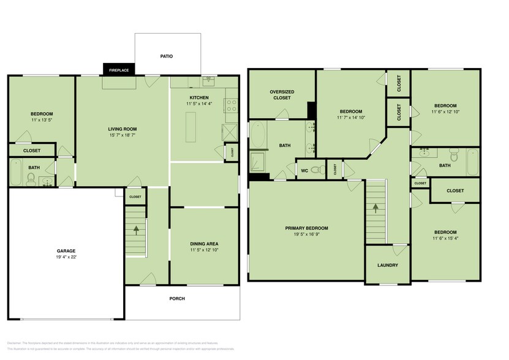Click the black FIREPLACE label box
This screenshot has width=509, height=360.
click(x=119, y=70)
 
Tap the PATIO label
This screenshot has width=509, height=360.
click(x=167, y=56)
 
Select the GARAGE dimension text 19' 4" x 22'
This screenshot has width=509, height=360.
click(x=66, y=258)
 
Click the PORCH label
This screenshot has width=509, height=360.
click(x=177, y=299)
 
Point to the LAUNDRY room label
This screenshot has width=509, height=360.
click(x=388, y=265)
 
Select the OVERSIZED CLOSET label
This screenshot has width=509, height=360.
click(x=281, y=95)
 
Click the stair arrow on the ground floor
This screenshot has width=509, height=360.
click(x=136, y=231)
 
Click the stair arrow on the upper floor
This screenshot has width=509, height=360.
click(x=376, y=208)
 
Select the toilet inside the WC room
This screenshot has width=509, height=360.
click(x=316, y=170)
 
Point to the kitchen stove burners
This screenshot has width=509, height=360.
click(x=232, y=105)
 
